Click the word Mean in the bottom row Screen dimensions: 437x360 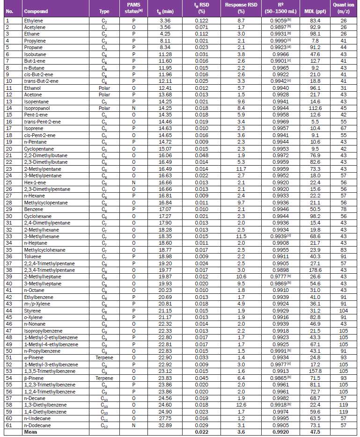[x=30, y=432]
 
